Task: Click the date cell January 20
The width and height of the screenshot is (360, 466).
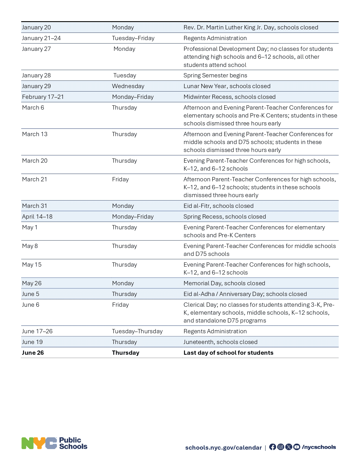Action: pos(36,27)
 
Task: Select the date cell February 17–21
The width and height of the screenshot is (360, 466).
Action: pos(43,97)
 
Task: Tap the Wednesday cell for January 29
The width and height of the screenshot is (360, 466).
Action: pos(128,86)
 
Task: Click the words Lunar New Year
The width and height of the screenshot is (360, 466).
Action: pos(205,86)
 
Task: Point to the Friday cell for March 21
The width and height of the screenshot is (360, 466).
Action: pos(120,179)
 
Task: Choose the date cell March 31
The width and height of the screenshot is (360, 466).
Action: pos(34,206)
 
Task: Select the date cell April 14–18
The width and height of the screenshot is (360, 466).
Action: pos(37,217)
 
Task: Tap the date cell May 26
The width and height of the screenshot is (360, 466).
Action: pos(32,283)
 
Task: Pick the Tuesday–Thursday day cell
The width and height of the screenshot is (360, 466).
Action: pos(137,331)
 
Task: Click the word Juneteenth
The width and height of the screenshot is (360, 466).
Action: pos(198,342)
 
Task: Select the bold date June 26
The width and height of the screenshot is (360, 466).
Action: pos(33,353)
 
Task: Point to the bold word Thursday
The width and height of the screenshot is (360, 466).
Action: pos(125,353)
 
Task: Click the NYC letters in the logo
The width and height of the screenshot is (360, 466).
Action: pos(39,443)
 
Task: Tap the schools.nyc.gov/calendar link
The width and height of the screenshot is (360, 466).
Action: pos(223,448)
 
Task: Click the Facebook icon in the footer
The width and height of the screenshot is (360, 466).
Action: pos(272,447)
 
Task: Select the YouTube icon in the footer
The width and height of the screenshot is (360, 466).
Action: pos(296,447)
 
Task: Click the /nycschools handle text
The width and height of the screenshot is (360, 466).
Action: pos(319,447)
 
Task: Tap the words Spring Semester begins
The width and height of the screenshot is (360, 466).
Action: pos(215,75)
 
